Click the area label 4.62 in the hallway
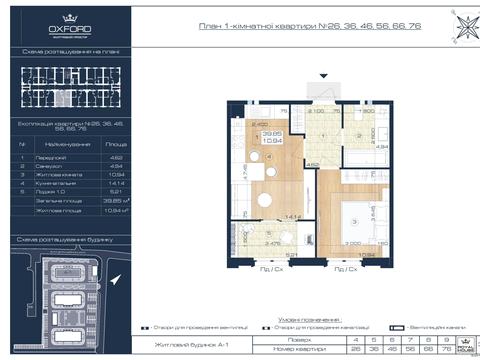tap(312, 164)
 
